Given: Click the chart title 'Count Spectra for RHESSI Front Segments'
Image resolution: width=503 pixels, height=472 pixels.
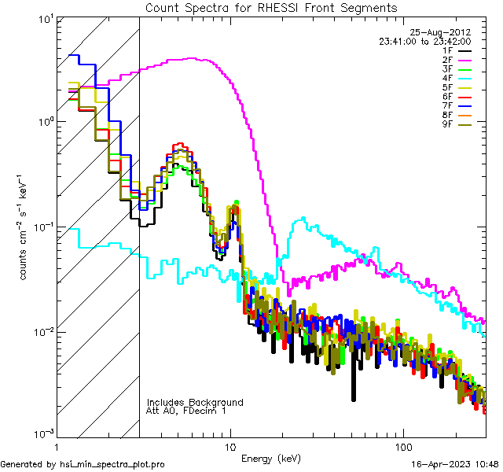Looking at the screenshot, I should [x=271, y=7].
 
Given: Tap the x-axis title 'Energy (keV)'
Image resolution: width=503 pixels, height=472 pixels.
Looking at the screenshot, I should [x=271, y=458].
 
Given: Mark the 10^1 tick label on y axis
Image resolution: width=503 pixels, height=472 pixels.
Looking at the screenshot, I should [x=44, y=19].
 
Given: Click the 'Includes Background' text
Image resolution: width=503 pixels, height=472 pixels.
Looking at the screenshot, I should [x=195, y=402].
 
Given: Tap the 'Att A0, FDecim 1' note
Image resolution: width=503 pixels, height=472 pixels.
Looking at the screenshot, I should [x=186, y=411].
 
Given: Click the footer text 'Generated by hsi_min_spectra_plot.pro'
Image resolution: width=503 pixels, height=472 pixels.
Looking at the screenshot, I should [x=83, y=464].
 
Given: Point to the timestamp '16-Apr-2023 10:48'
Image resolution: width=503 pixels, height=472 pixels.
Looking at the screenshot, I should [x=454, y=464].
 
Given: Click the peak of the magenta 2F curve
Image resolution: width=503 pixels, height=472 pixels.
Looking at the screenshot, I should [x=193, y=58].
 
